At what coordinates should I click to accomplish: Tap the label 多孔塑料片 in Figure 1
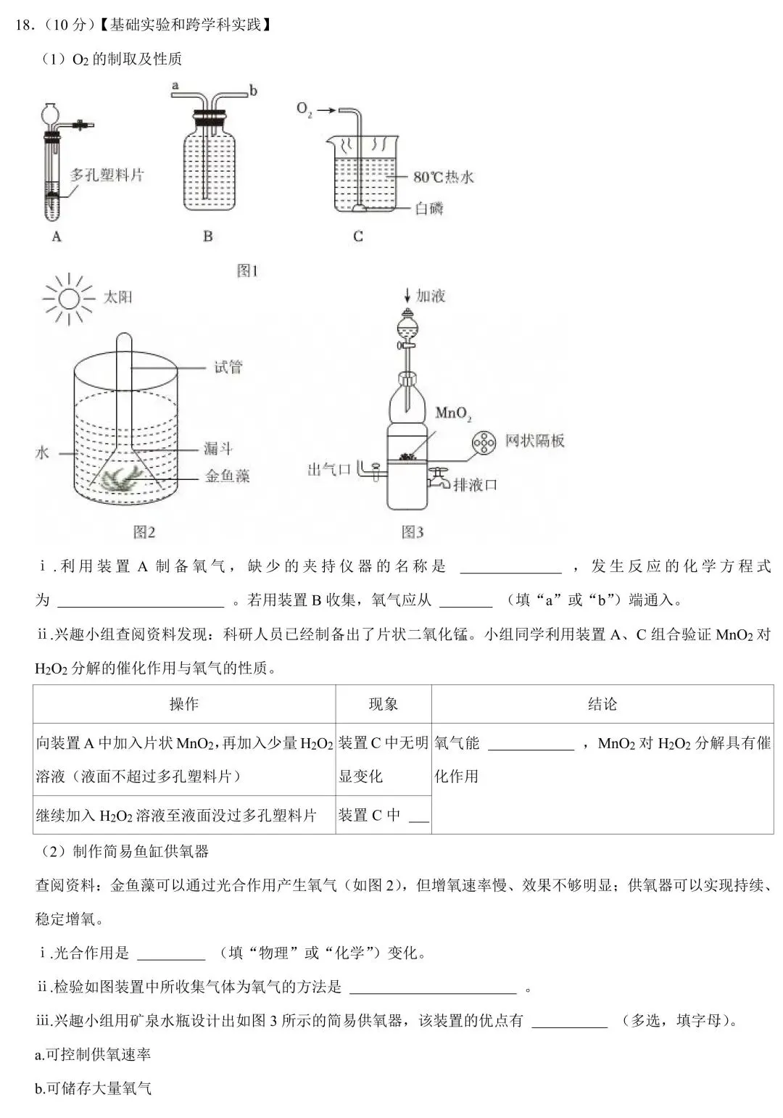107,175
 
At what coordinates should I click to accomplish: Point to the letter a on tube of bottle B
175,86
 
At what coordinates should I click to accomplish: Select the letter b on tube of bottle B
253,91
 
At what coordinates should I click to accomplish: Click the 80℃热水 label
443,177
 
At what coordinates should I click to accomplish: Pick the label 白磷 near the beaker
428,209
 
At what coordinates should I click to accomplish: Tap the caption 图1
247,270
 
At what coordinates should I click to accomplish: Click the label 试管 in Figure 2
228,367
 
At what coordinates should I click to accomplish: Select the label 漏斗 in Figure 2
217,449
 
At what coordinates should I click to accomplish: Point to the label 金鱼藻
227,476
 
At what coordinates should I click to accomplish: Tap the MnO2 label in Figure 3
453,414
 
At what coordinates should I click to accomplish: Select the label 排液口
475,484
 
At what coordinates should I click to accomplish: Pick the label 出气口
329,470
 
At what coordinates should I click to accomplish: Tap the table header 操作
183,704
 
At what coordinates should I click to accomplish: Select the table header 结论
602,704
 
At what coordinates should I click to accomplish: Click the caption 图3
413,532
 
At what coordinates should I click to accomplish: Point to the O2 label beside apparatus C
304,109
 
